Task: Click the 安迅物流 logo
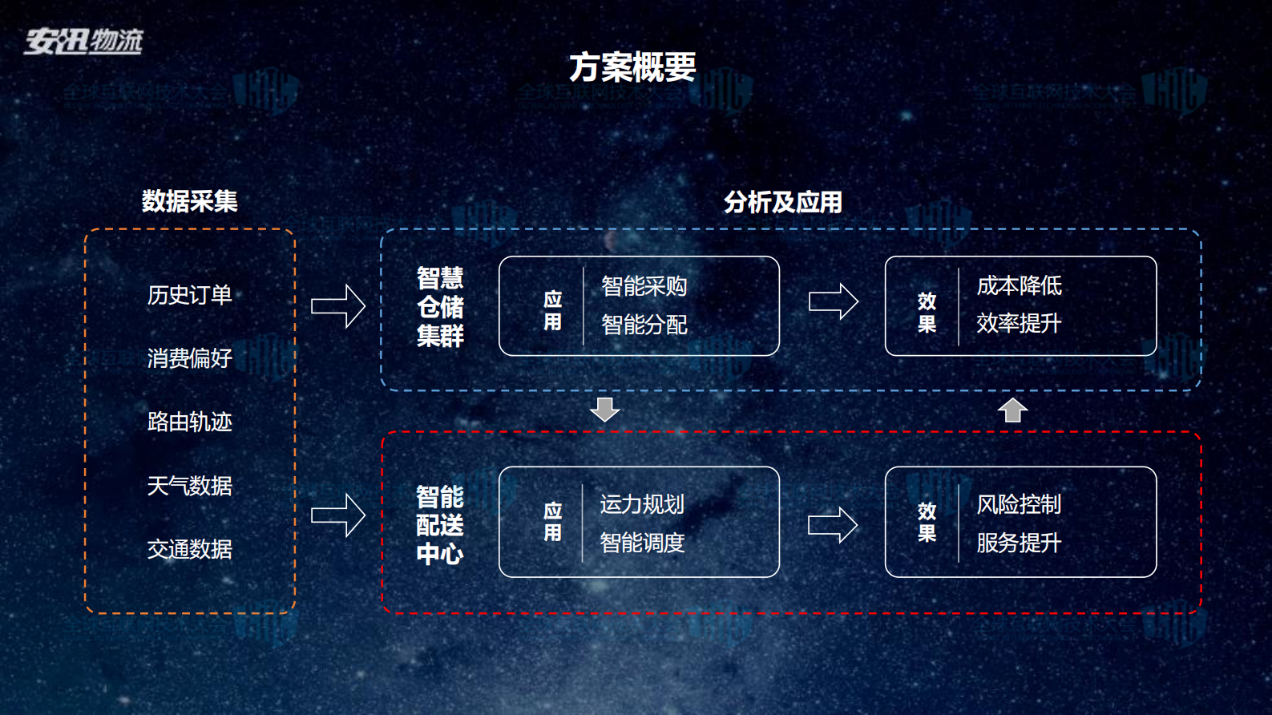pos(83,41)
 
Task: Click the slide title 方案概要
pos(632,67)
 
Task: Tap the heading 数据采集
pos(189,201)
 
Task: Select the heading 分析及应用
pos(782,202)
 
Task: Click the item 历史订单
pos(189,295)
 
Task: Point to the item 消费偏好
pos(189,358)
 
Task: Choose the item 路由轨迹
pos(189,422)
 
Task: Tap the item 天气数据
pos(189,486)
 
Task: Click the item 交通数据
pos(189,549)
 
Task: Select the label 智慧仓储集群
pos(440,307)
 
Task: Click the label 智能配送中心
pos(439,525)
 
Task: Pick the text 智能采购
pos(644,286)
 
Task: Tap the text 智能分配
pos(644,325)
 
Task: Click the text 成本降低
pos(1019,286)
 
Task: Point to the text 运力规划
pos(642,504)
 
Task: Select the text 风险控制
pos(1019,504)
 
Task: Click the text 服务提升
pos(1019,543)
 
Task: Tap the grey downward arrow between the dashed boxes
pos(604,409)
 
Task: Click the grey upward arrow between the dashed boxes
pos(1012,410)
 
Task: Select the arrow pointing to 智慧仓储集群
pos(338,306)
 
